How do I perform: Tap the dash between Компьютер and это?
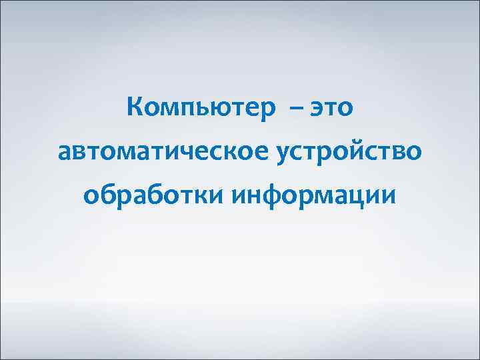click(295, 108)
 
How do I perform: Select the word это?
click(332, 108)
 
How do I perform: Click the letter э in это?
click(314, 109)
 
